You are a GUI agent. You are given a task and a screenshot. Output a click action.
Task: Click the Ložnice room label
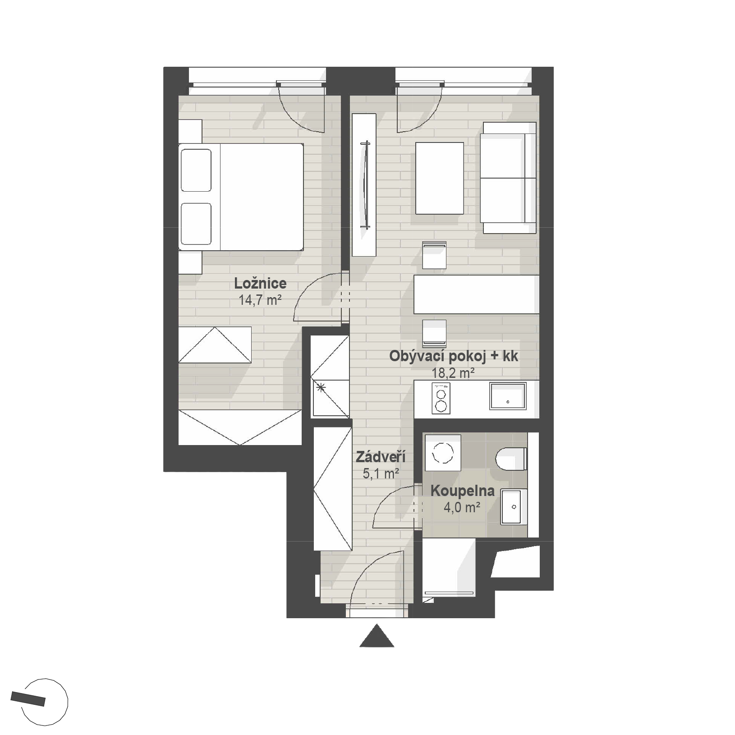click(260, 283)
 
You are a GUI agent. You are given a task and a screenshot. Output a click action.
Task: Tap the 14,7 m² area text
click(260, 300)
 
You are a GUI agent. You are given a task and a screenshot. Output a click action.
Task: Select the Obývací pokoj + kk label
click(454, 356)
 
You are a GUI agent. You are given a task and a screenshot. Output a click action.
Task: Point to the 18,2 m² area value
click(453, 373)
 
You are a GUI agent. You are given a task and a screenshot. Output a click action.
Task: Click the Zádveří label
click(381, 457)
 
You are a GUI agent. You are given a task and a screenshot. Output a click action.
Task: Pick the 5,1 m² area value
click(381, 473)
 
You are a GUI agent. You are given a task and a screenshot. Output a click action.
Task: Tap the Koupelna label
click(463, 491)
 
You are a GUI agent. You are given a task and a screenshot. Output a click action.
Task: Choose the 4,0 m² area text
click(462, 508)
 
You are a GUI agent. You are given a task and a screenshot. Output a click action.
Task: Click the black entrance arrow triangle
click(377, 636)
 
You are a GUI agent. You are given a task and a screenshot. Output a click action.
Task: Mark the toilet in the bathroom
click(511, 459)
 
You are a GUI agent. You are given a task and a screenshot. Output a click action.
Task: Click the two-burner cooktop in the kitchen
click(441, 398)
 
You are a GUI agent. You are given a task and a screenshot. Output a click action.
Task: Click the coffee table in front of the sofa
click(440, 178)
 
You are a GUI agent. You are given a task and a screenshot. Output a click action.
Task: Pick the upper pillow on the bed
click(196, 170)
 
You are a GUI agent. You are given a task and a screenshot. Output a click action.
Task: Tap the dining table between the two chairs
click(477, 294)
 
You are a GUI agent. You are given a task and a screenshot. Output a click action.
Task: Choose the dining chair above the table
click(434, 255)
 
